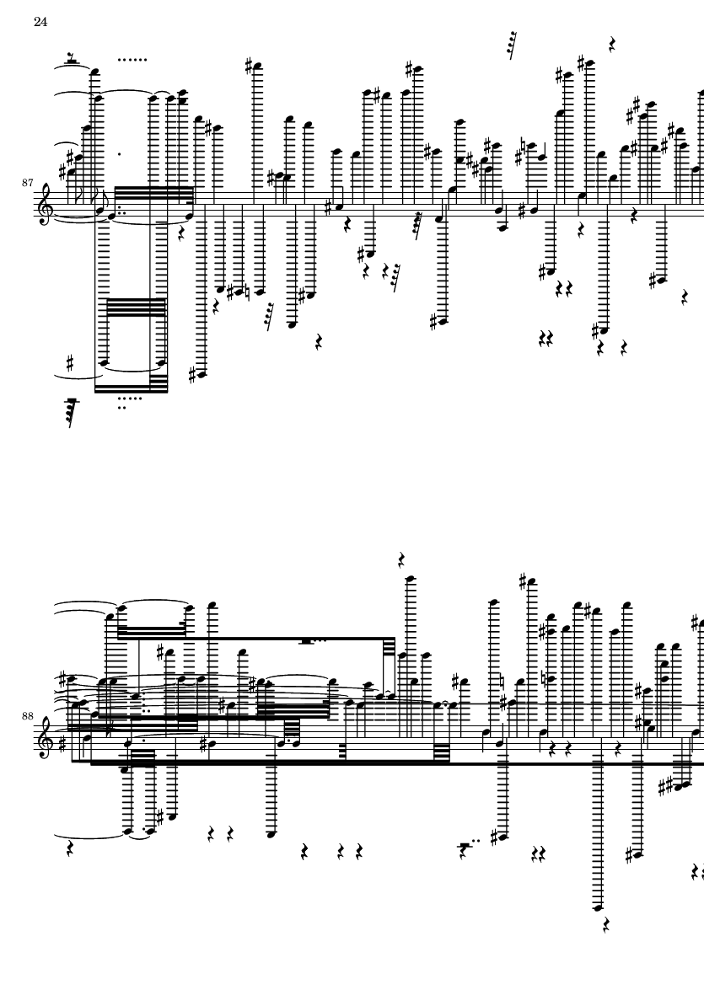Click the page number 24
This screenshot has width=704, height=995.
coord(40,22)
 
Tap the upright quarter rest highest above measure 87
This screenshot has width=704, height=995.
coord(613,43)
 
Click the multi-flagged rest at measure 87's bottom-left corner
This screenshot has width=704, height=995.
coord(72,413)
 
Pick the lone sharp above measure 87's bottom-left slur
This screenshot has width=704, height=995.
coord(71,363)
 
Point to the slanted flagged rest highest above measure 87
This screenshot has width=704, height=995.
coord(511,45)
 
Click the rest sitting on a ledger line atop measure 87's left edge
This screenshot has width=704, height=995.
coord(73,60)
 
